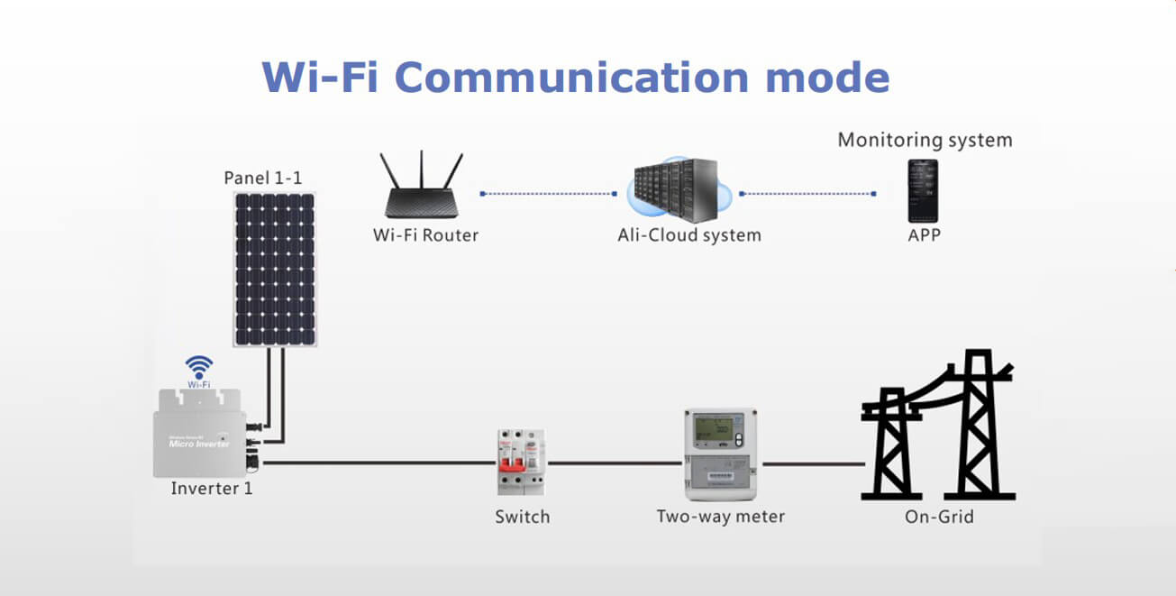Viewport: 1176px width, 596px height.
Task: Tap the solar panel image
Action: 276,270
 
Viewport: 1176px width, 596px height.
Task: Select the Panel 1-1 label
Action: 263,178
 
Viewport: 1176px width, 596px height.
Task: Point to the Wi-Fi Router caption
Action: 425,235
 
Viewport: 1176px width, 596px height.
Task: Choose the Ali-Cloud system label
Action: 689,235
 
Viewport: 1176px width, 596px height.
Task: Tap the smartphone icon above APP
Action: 922,191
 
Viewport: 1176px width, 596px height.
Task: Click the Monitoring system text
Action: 925,140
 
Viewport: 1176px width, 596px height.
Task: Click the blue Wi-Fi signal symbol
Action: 199,367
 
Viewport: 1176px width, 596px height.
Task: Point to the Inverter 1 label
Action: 212,489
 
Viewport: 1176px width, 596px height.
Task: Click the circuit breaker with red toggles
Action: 522,461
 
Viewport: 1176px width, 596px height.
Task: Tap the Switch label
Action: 522,517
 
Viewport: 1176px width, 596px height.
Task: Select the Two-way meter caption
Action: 720,517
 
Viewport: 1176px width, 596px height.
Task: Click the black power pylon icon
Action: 938,426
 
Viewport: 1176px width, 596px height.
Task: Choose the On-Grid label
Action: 939,517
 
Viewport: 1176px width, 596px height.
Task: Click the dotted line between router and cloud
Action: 548,193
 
